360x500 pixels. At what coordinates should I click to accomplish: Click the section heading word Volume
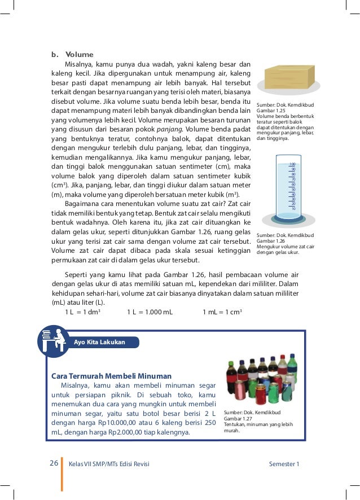pos(79,55)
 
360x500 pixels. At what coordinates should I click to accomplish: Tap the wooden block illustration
pos(289,77)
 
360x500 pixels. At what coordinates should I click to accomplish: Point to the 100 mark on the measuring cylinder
pos(292,164)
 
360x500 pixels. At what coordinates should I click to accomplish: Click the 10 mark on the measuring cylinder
pos(293,208)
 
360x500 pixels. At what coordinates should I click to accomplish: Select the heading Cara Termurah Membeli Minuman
pos(111,376)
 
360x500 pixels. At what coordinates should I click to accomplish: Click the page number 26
pos(54,463)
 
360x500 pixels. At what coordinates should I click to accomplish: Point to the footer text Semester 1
pos(284,464)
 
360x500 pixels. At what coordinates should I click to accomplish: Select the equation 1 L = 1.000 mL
pos(150,312)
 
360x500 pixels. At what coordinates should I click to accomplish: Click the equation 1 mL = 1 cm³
pos(222,312)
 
